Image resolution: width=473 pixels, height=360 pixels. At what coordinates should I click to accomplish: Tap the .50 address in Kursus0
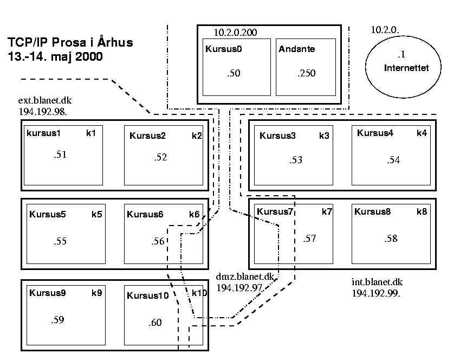[x=234, y=73]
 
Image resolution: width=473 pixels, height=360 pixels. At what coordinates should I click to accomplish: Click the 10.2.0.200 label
[x=235, y=33]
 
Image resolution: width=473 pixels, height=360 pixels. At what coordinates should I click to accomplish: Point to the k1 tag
[x=91, y=133]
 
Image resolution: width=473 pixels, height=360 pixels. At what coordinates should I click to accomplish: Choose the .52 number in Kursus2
[x=160, y=157]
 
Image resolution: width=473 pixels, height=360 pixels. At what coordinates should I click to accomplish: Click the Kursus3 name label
[x=277, y=136]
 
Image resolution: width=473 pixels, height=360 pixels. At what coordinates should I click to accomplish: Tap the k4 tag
[x=422, y=133]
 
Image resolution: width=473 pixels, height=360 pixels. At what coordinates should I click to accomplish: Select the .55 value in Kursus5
[x=60, y=241]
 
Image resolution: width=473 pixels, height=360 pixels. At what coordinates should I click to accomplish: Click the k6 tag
[x=195, y=214]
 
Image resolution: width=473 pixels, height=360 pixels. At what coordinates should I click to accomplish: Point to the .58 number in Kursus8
[x=391, y=239]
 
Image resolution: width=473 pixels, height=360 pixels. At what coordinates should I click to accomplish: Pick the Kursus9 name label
[x=47, y=293]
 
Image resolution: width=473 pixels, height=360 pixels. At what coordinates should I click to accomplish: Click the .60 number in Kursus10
[x=155, y=323]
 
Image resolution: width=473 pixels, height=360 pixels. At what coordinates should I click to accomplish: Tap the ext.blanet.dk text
[x=45, y=100]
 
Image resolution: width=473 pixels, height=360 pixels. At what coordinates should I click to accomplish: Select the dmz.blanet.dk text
[x=245, y=277]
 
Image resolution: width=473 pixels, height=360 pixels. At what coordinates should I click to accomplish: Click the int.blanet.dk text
[x=377, y=282]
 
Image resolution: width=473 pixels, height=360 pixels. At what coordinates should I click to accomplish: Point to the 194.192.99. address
[x=376, y=293]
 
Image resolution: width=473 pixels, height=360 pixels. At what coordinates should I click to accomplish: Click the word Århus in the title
[x=115, y=42]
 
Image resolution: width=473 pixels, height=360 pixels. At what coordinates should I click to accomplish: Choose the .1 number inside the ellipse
[x=401, y=54]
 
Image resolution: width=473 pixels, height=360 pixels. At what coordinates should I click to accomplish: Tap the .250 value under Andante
[x=307, y=73]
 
